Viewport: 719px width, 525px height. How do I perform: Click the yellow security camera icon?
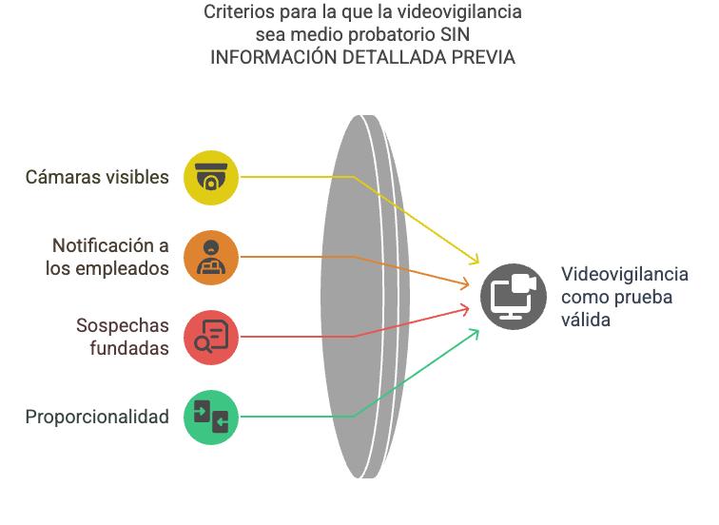pos(211,177)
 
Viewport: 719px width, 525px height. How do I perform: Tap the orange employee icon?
pos(211,257)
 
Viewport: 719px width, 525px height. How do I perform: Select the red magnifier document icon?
pos(211,337)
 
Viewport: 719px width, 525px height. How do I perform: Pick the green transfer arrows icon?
pos(211,417)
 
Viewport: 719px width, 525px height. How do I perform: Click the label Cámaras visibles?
pos(97,177)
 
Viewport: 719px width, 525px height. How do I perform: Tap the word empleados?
pos(125,268)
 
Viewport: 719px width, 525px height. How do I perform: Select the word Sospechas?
pos(123,325)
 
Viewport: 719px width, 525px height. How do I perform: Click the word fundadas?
pos(129,348)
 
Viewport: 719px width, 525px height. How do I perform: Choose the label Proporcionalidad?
pos(97,417)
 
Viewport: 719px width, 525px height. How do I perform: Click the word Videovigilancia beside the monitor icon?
pos(624,274)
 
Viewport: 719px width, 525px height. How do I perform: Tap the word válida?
pos(585,320)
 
